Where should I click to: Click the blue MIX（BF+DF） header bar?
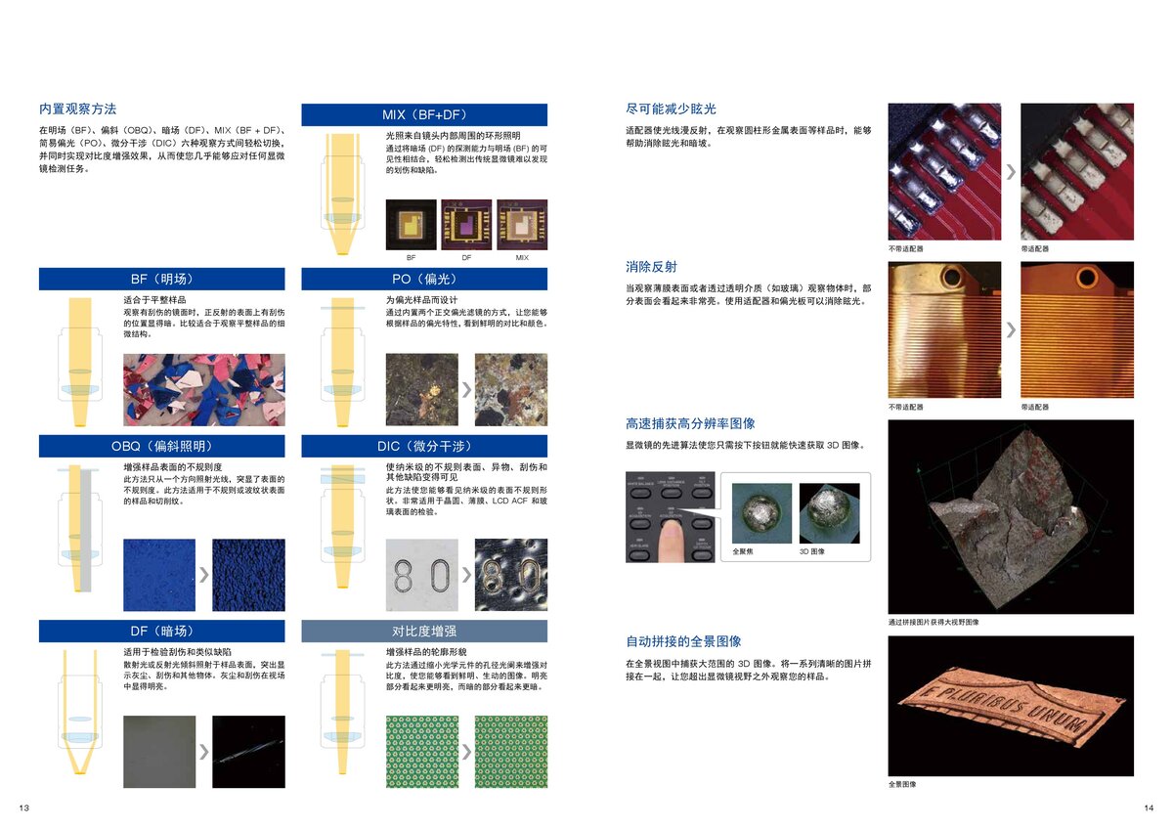coord(424,114)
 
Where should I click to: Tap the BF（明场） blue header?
coord(161,279)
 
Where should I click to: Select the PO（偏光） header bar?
coord(424,279)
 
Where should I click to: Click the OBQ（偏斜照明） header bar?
coord(161,447)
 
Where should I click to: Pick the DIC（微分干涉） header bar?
coord(424,447)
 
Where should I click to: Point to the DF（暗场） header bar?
coord(161,631)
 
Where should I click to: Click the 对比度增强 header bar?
coord(424,631)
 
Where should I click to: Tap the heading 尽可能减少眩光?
coord(671,109)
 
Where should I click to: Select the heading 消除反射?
coord(651,267)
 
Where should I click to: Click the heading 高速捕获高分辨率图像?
coord(690,423)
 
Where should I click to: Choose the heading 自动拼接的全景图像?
coord(683,641)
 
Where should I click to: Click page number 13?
coord(24,807)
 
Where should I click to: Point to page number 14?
coord(1148,807)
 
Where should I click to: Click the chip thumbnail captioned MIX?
coord(522,225)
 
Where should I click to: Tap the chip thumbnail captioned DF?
coord(466,225)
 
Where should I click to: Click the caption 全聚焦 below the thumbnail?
coord(743,551)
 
